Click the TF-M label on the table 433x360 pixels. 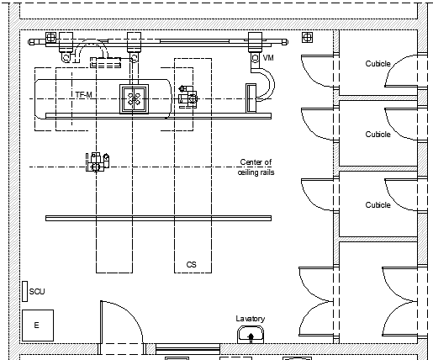coord(83,95)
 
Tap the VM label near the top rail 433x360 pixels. coord(268,58)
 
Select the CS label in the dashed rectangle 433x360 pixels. coord(192,265)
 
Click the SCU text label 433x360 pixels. coord(37,292)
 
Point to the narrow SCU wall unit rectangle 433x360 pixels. coord(25,291)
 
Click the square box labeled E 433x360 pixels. coord(38,326)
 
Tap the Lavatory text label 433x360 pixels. coord(251,319)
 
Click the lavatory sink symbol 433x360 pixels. coord(251,335)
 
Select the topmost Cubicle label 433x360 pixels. coord(378,64)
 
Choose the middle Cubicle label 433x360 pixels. coord(378,135)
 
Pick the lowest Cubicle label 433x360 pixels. coord(378,205)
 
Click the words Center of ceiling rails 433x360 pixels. coord(256,167)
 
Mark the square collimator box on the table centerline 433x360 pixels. coord(134,99)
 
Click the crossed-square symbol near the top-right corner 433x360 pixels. coord(307,37)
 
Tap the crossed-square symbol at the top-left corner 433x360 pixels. coord(50,37)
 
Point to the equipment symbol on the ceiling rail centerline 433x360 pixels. coord(98,162)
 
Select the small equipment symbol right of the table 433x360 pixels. coord(187,97)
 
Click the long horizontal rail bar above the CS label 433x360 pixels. coord(158,218)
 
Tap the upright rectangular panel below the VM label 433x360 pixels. coord(251,98)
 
